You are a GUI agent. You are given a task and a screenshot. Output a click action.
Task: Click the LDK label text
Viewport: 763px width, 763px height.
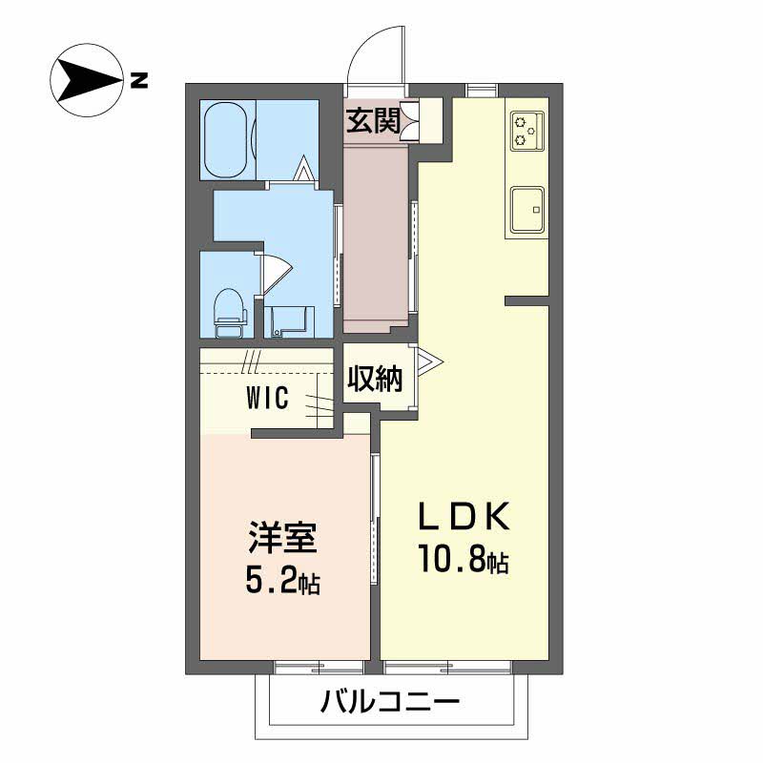463,516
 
